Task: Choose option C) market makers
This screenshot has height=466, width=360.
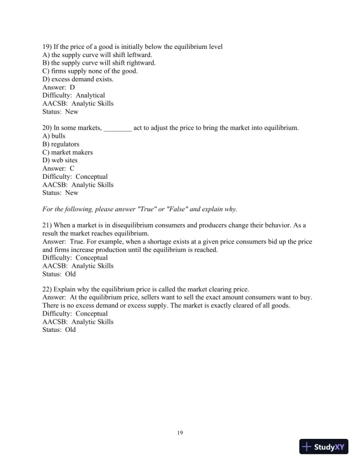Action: pos(68,152)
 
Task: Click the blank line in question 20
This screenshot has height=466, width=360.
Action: pos(118,128)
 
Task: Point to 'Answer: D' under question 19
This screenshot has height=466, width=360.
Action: pos(59,87)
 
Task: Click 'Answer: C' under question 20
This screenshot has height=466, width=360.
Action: pos(59,168)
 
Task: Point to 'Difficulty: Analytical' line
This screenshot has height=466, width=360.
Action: pos(74,95)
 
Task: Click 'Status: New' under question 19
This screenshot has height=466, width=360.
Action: pos(60,112)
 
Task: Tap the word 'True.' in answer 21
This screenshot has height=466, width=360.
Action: pos(79,242)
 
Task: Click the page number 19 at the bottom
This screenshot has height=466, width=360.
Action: pos(180,434)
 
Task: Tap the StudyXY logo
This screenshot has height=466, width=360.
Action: pos(324,447)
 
